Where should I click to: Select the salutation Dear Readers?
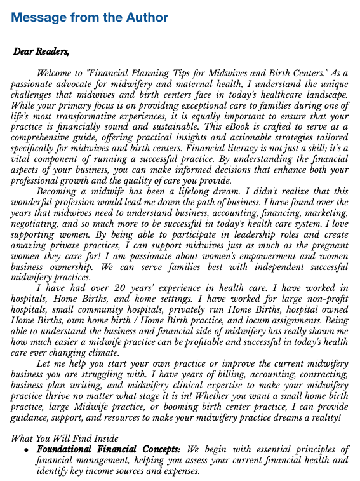pyautogui.click(x=42, y=51)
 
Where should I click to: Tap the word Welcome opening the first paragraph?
pyautogui.click(x=57, y=74)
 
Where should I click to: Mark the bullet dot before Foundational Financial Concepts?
pyautogui.click(x=25, y=450)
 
